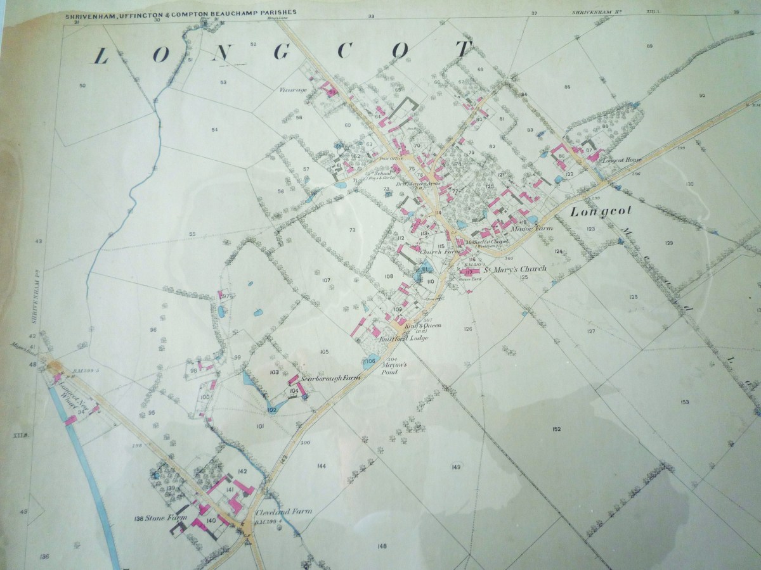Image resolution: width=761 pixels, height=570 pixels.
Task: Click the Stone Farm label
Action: pos(153,518)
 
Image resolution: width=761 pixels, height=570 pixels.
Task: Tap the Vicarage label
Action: pos(293,90)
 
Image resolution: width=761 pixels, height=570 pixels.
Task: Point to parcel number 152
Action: pos(556,430)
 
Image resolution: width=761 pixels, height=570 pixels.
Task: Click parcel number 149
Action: pos(456,467)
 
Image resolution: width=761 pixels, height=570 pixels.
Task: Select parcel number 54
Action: pos(215,129)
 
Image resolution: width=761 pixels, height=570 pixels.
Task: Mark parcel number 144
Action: pos(322,465)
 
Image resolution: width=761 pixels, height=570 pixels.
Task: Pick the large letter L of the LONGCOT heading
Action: pos(100,57)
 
